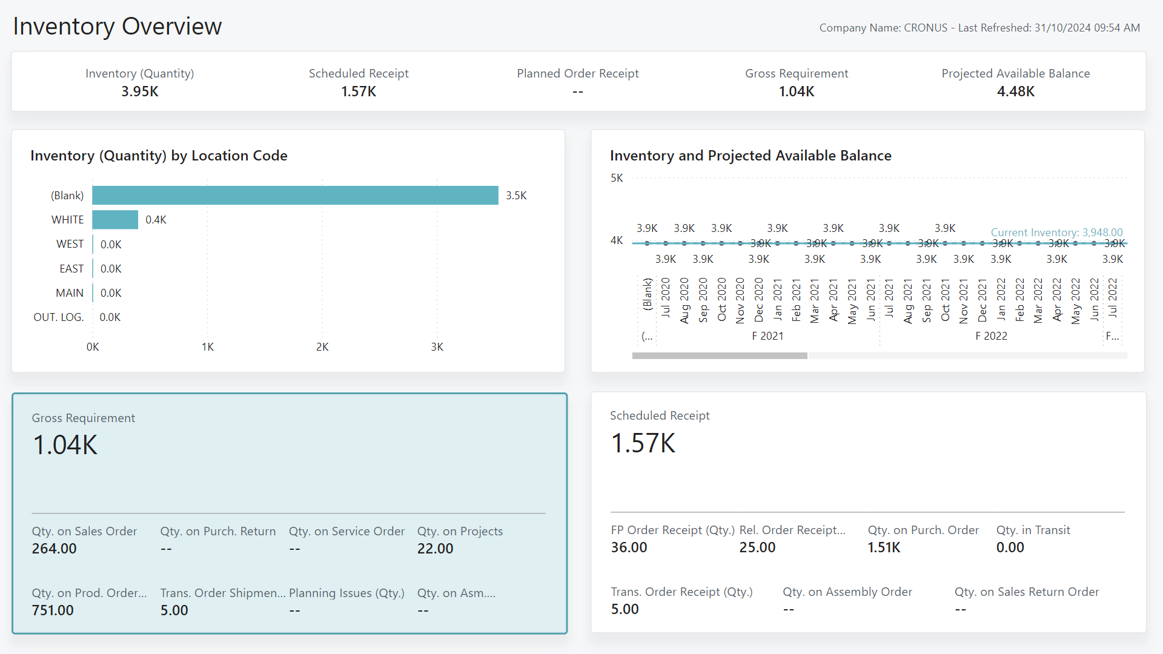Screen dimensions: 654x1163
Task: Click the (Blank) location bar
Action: (x=295, y=196)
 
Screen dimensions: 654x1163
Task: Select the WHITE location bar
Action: (x=115, y=220)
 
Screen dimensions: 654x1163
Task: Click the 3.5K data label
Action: (x=516, y=196)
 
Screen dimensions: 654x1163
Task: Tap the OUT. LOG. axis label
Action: (x=59, y=317)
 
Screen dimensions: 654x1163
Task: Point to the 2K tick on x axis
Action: (x=322, y=347)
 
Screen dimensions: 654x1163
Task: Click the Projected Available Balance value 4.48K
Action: (x=1016, y=91)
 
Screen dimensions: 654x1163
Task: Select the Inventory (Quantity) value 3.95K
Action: (x=140, y=91)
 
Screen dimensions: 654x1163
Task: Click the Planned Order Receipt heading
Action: (x=577, y=73)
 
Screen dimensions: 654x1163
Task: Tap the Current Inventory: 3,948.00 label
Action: (x=1056, y=233)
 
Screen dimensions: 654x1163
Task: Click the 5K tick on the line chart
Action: (x=617, y=178)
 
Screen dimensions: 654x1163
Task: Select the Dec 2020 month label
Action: (x=758, y=300)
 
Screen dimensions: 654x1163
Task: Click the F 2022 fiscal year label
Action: (x=991, y=336)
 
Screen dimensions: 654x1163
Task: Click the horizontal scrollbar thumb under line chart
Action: (x=720, y=356)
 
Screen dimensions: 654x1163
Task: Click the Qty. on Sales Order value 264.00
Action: (x=55, y=549)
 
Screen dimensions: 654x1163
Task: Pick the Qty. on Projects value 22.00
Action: (x=435, y=549)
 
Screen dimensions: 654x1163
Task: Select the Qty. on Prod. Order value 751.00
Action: (x=53, y=610)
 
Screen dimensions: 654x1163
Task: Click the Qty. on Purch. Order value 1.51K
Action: (x=884, y=547)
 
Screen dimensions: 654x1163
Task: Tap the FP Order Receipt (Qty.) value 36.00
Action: (x=629, y=547)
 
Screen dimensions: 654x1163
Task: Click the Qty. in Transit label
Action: (x=1033, y=530)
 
